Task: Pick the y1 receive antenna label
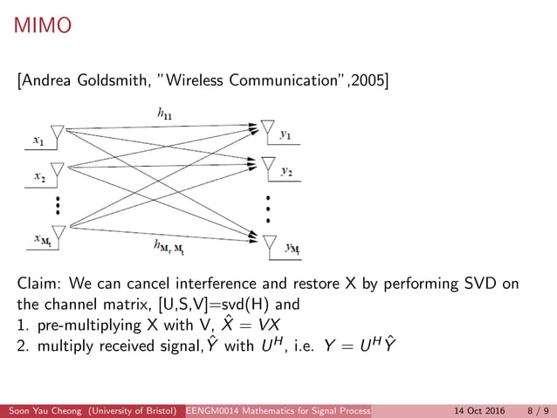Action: [285, 134]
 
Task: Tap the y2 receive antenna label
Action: [286, 172]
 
